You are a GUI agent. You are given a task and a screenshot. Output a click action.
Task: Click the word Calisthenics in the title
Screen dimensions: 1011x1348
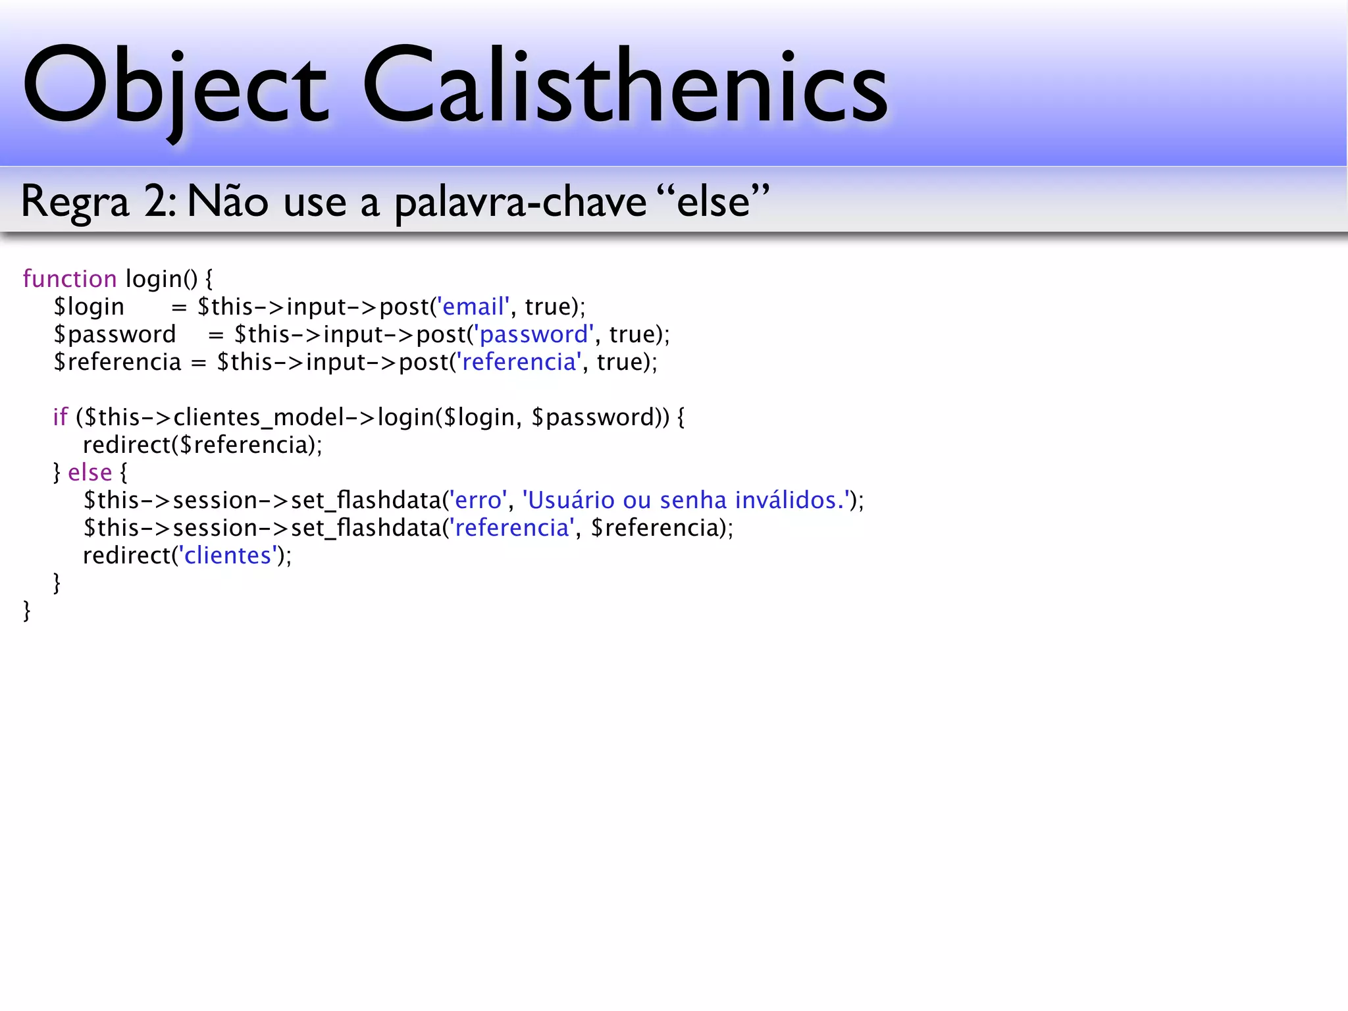coord(625,86)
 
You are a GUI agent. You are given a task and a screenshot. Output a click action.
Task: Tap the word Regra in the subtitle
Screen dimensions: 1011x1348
coord(74,202)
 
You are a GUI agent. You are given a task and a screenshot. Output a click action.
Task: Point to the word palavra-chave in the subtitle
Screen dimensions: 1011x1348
coord(520,202)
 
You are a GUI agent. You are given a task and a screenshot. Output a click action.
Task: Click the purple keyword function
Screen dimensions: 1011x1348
coord(70,279)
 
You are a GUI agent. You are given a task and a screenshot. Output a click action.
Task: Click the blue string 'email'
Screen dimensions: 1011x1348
coord(473,307)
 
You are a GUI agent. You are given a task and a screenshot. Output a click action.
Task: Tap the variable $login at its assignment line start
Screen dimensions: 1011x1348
coord(89,307)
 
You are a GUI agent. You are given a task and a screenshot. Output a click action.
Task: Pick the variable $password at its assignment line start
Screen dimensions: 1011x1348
coord(115,335)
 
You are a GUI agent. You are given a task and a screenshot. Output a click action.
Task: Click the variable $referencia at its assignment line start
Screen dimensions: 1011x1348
coord(117,362)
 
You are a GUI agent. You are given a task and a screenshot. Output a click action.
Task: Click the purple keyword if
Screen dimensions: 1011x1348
coord(60,417)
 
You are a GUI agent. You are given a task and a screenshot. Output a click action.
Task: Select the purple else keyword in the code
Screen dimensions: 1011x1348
coord(90,473)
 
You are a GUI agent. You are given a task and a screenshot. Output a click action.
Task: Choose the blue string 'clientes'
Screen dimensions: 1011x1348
coord(228,556)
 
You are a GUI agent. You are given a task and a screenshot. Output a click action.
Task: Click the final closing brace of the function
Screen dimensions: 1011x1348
coord(27,611)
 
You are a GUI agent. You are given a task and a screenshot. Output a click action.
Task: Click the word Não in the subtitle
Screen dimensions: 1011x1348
coord(227,202)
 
